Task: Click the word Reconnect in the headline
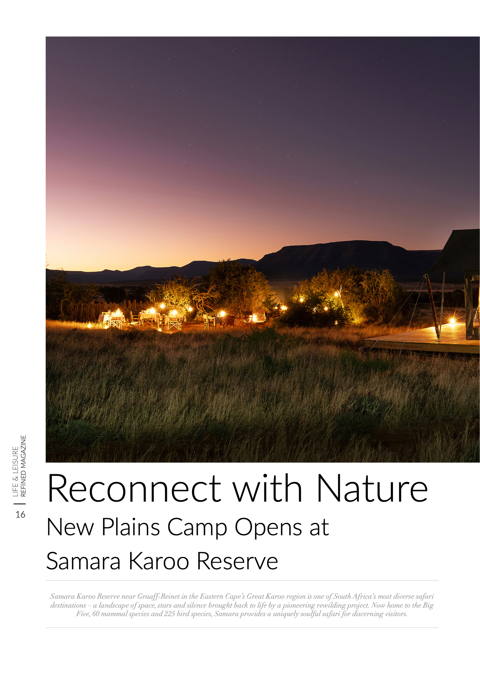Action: tap(134, 488)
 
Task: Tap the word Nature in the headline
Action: tap(372, 488)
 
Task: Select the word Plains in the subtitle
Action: tap(131, 528)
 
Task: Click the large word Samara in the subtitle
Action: tap(84, 561)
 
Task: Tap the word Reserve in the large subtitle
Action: tap(237, 561)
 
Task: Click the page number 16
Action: tap(21, 514)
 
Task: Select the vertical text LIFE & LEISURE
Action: tap(15, 471)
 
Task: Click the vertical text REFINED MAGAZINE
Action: tap(23, 466)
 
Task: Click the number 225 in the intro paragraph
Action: tap(170, 614)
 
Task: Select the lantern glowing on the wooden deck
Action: tap(452, 321)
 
